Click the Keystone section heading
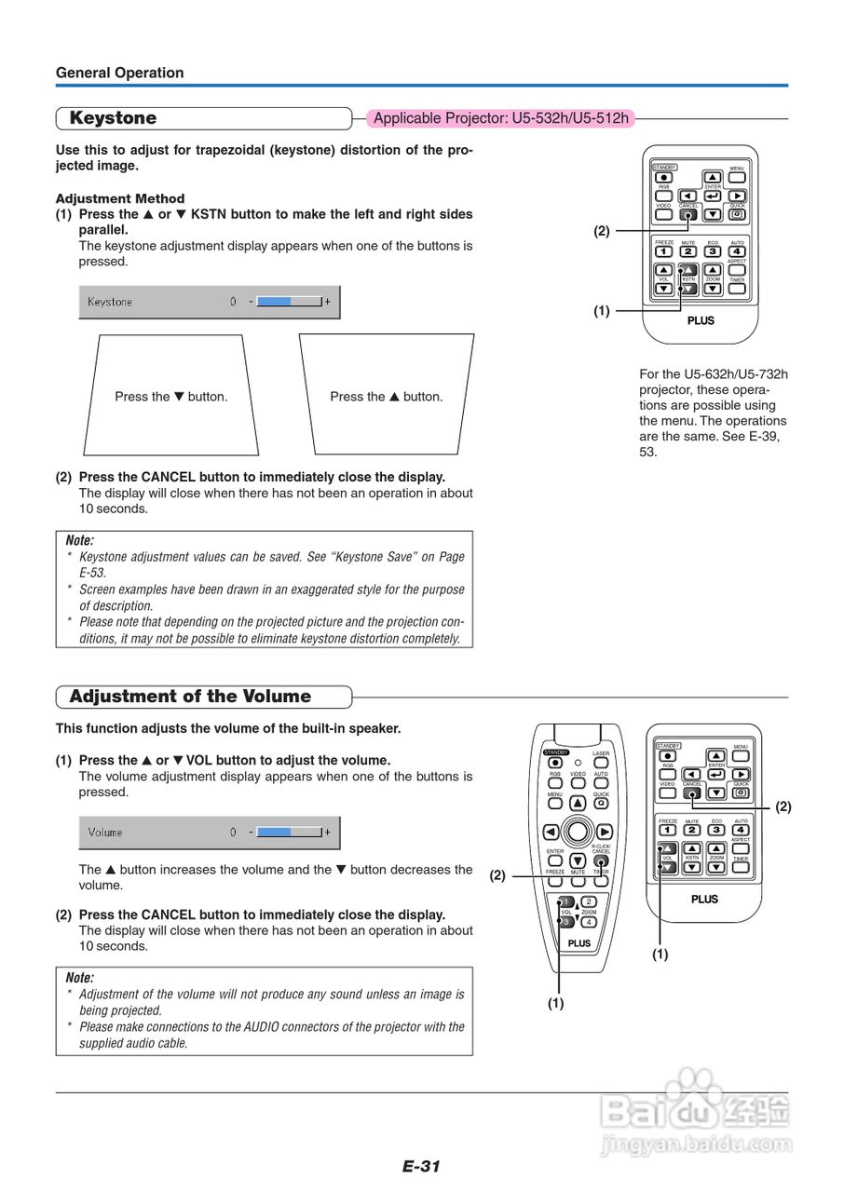click(113, 118)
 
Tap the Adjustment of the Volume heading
click(190, 697)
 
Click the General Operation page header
click(119, 73)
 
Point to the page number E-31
click(421, 1166)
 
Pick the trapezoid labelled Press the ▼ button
click(171, 396)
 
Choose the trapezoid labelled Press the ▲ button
click(386, 396)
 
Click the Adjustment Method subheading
click(120, 198)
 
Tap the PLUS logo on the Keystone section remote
click(701, 320)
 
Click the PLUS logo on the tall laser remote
click(579, 942)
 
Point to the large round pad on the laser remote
click(579, 831)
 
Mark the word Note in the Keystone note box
click(80, 540)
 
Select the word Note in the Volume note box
click(80, 978)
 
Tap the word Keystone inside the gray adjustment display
click(110, 302)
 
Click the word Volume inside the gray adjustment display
click(105, 833)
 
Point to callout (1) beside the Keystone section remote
click(602, 312)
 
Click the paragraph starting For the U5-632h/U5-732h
click(713, 413)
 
